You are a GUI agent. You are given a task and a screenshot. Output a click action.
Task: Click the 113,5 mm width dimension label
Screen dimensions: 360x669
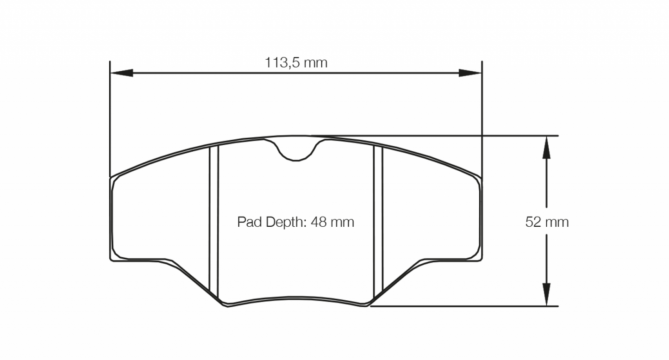tap(296, 62)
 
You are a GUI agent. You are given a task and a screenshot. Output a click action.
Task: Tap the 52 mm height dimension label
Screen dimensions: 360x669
tap(547, 222)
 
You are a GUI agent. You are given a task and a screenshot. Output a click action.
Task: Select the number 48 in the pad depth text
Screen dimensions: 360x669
tap(320, 222)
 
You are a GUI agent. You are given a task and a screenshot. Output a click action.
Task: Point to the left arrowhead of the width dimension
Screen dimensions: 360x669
tap(121, 73)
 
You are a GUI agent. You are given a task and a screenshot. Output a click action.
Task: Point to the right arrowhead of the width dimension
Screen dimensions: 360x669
tap(470, 73)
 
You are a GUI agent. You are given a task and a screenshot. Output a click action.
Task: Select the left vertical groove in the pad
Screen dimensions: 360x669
tap(213, 222)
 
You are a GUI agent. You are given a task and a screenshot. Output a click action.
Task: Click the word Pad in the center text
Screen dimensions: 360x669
tap(246, 222)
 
